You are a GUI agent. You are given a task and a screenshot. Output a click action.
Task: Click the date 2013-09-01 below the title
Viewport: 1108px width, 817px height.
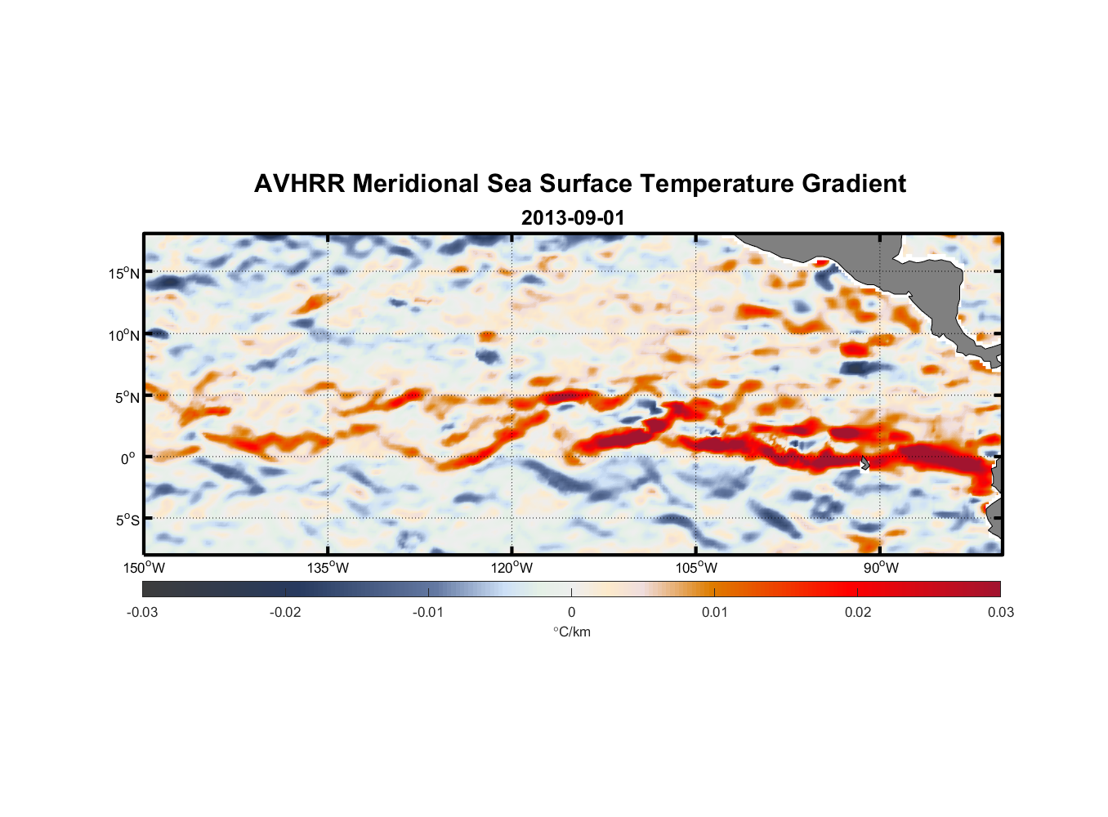point(572,218)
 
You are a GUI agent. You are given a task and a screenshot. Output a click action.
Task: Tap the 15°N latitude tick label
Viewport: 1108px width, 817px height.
point(124,273)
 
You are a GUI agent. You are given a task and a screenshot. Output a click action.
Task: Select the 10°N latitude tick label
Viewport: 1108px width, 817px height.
point(124,335)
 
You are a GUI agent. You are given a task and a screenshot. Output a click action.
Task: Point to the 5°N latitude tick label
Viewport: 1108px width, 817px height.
point(127,397)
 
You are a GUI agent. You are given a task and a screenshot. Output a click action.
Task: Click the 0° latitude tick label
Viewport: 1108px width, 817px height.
point(128,458)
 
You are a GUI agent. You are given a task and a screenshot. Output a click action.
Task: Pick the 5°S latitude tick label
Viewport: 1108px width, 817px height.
point(127,520)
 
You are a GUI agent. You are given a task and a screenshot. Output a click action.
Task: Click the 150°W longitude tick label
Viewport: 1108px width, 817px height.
point(144,568)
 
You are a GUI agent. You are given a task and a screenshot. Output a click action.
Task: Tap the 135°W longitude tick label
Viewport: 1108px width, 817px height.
point(328,568)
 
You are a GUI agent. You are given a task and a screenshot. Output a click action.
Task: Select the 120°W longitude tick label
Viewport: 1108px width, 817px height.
point(512,568)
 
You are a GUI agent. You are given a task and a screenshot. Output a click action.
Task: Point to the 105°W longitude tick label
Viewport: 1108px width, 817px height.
point(696,568)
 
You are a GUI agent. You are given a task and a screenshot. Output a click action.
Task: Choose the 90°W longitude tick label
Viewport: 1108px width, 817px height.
point(880,568)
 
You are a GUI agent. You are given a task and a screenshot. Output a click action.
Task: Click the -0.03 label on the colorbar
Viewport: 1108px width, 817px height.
point(142,613)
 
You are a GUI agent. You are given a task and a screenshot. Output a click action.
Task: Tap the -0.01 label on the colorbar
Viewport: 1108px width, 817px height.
point(428,613)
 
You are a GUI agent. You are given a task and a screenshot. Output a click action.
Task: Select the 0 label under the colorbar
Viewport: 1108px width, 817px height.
point(571,613)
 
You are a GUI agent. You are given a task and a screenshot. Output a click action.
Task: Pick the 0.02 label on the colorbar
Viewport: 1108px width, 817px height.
point(857,613)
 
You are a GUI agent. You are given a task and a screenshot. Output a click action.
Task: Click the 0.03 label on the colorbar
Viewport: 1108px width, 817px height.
point(1000,613)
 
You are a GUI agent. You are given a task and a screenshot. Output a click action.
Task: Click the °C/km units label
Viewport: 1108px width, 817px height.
point(571,632)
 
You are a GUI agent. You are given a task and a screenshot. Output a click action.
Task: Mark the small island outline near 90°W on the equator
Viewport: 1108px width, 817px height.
point(865,462)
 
